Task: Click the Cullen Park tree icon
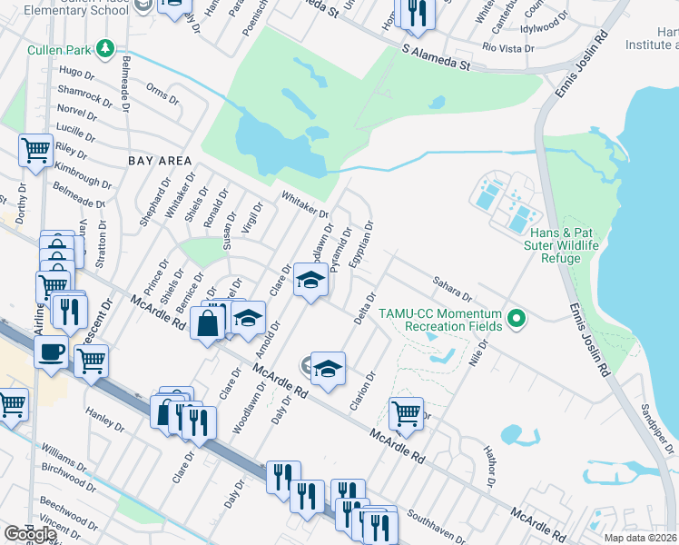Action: click(x=106, y=47)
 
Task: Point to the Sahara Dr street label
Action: click(x=453, y=289)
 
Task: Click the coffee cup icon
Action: click(x=52, y=352)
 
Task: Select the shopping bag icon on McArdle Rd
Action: click(x=208, y=322)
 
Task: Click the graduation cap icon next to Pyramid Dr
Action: click(x=310, y=280)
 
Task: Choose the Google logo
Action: click(x=30, y=533)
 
